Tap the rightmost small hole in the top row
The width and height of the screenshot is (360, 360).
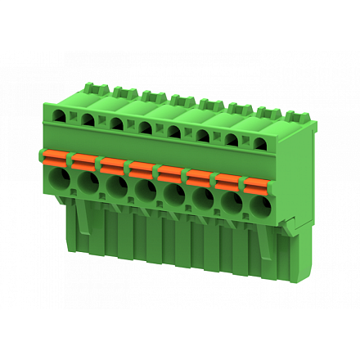tap(260, 144)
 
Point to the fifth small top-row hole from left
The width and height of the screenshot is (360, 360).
tap(174, 132)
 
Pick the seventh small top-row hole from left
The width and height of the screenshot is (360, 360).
tap(232, 140)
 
